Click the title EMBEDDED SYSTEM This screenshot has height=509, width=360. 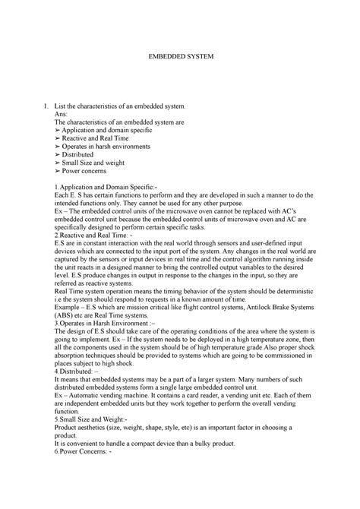click(x=179, y=56)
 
